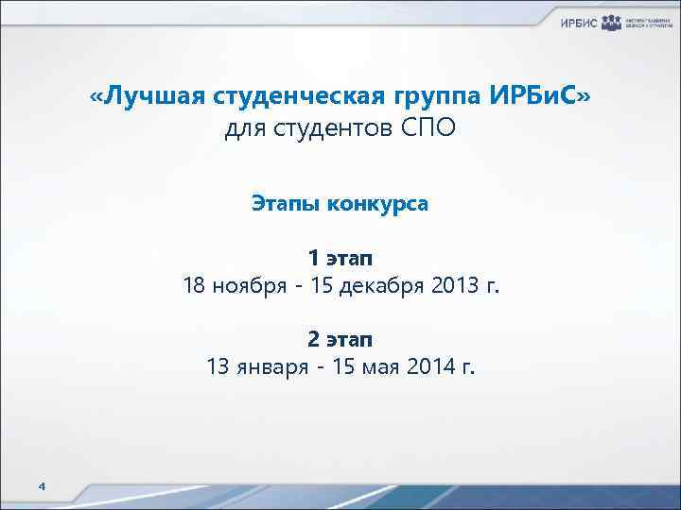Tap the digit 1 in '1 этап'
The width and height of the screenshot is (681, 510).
click(313, 257)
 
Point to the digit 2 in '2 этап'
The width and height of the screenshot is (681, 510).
click(313, 338)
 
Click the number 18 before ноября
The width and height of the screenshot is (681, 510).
click(195, 285)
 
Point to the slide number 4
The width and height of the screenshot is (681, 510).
click(41, 485)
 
